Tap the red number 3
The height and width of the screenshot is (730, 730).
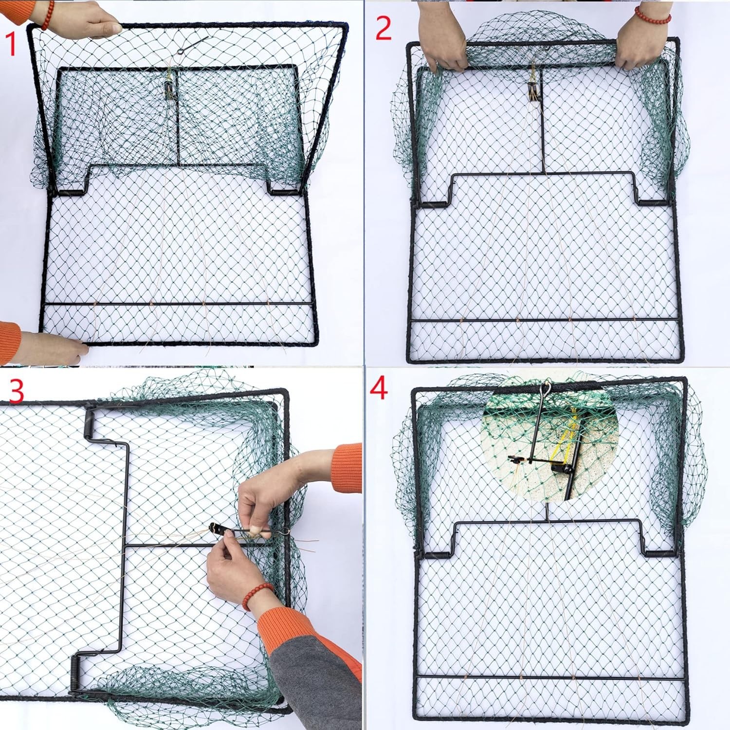(x=16, y=390)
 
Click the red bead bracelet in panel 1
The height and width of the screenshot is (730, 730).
(x=48, y=15)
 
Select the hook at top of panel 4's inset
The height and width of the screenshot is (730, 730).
(x=547, y=388)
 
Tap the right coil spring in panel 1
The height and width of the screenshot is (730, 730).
(x=282, y=192)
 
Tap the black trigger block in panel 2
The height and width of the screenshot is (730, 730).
(x=531, y=90)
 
